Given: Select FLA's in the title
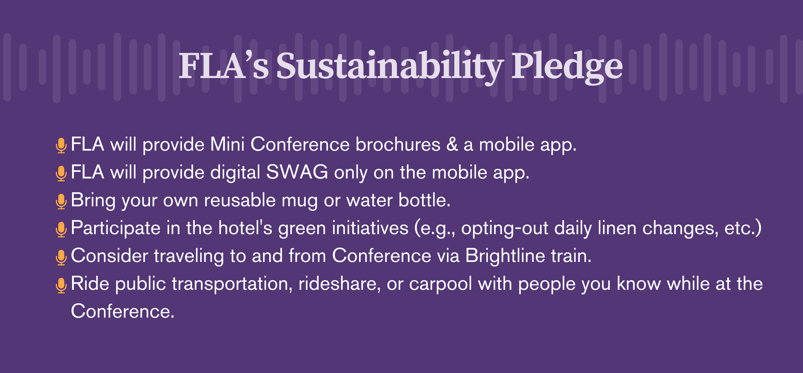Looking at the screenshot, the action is (x=223, y=65).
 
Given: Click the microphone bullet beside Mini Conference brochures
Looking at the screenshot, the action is (x=61, y=146).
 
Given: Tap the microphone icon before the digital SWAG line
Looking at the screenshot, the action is (x=61, y=173).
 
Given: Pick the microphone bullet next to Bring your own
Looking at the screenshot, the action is (x=61, y=201).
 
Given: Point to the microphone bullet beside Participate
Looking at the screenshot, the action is (x=61, y=230).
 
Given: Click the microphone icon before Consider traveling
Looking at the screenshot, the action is (x=61, y=257).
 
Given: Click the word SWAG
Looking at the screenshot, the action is (x=297, y=172).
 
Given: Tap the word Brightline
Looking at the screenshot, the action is (x=505, y=256).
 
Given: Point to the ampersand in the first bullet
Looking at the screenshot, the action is (x=452, y=144).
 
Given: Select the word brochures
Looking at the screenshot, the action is (x=398, y=144).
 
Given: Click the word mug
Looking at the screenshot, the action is (x=300, y=201).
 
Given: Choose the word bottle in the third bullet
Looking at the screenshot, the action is (x=424, y=200).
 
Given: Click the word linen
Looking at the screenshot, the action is (x=617, y=228).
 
